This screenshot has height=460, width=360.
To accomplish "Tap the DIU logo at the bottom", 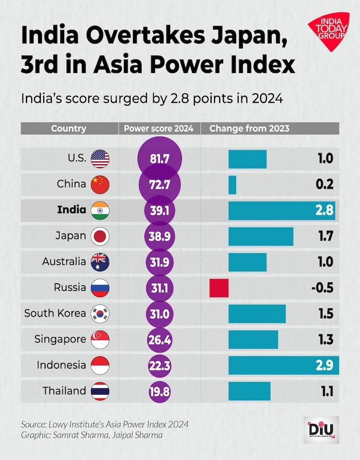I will tap(321, 430).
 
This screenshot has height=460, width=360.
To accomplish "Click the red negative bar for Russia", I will tap(219, 288).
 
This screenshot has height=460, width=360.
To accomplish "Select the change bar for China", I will tap(232, 185).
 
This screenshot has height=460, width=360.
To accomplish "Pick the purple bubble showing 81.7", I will tap(159, 159).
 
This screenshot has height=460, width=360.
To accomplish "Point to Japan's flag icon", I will tap(100, 236).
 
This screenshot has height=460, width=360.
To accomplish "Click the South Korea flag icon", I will tap(100, 314).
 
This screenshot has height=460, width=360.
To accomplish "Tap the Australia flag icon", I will tap(100, 262).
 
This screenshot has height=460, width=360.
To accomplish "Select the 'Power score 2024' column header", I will tap(159, 129).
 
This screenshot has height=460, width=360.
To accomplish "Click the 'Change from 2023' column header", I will tap(250, 129).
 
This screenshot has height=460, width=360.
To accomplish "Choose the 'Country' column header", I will tap(69, 129).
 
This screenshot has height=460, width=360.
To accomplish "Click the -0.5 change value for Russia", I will tap(323, 288).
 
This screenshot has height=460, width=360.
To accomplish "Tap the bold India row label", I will tap(72, 210).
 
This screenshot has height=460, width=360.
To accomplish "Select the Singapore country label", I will tap(60, 339).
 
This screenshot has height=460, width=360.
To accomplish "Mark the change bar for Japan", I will tap(261, 236).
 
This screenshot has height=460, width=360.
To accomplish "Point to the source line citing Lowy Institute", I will tap(105, 424).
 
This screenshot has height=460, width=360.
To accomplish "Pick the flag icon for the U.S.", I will tap(100, 159).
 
